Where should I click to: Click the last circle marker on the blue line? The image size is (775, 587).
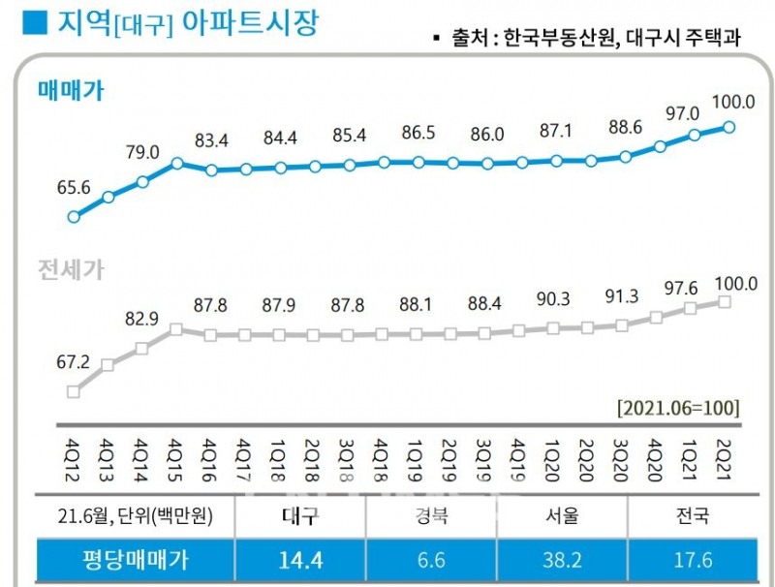pos(729,127)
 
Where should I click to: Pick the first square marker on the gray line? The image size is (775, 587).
pos(73,391)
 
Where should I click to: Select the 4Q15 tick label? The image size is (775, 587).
pos(177,456)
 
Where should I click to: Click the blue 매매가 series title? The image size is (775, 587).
pos(71,93)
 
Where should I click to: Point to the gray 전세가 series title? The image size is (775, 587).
pos(71,270)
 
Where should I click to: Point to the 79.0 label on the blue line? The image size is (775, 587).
pos(142,152)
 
